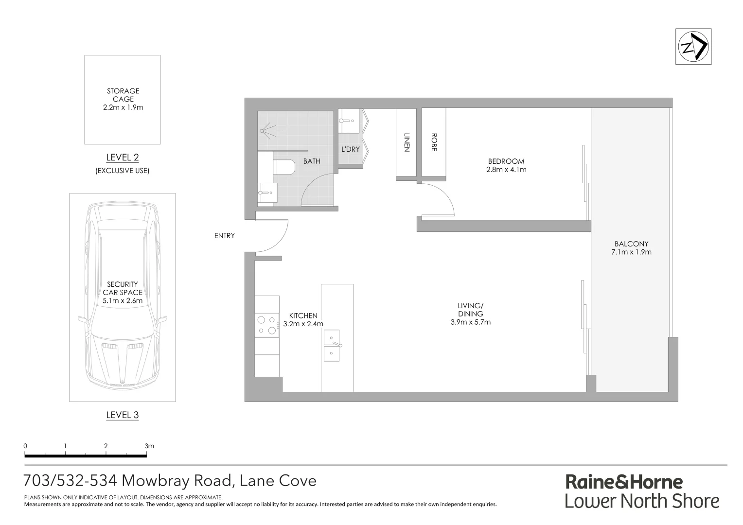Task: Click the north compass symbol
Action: pyautogui.click(x=693, y=47)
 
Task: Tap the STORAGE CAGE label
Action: pyautogui.click(x=123, y=95)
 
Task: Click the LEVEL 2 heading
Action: pyautogui.click(x=123, y=157)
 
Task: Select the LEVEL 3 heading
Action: pyautogui.click(x=123, y=415)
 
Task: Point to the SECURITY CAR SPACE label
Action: pyautogui.click(x=123, y=288)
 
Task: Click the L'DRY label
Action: pyautogui.click(x=350, y=149)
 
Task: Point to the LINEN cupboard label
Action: pyautogui.click(x=407, y=142)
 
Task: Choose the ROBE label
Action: pyautogui.click(x=434, y=142)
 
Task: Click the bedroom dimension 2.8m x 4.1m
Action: pyautogui.click(x=506, y=170)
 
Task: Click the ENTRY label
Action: pyautogui.click(x=224, y=236)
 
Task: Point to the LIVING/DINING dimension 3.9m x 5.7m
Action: pyautogui.click(x=470, y=322)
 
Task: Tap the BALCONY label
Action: pyautogui.click(x=631, y=244)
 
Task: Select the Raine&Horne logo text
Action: pyautogui.click(x=624, y=482)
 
